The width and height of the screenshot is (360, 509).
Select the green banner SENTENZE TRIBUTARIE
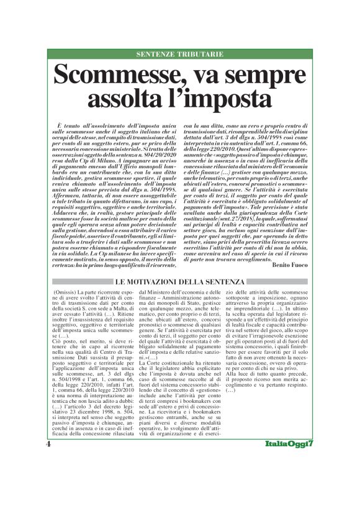point(180,55)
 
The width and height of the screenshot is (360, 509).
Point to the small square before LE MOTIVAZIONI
point(111,284)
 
